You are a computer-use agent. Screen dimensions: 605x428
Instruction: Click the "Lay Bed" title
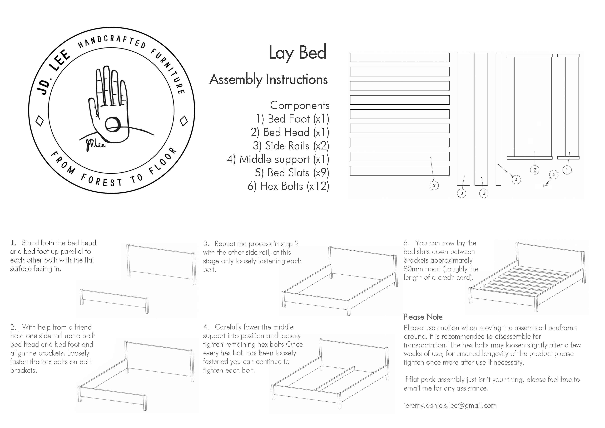297,52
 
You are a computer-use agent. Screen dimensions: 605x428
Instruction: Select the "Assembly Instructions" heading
268,79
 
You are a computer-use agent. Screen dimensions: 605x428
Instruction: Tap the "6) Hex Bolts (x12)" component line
288,186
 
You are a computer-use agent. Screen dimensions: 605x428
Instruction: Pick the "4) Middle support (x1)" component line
278,159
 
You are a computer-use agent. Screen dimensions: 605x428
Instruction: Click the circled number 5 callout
434,185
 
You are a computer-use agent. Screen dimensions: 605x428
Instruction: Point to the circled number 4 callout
516,180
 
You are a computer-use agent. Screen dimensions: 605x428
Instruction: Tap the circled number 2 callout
535,170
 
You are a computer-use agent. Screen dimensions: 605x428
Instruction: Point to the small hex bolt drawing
545,186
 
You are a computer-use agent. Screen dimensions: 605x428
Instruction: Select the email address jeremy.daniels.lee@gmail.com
450,405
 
